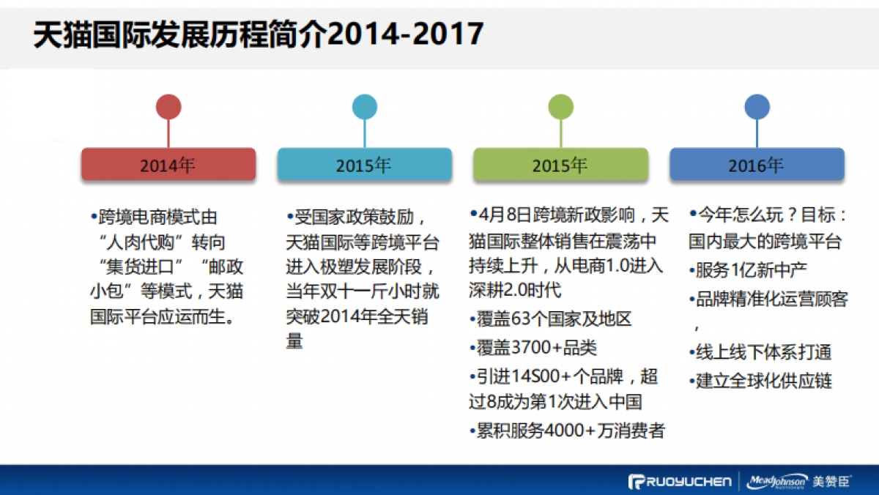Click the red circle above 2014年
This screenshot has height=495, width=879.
point(168,107)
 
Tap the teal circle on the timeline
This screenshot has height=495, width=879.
point(364,107)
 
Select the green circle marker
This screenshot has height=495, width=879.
point(560,107)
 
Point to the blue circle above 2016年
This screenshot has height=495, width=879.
point(757,107)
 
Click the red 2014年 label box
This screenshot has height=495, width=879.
point(168,165)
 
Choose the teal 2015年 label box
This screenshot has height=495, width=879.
point(364,165)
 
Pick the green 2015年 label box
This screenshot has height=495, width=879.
point(560,165)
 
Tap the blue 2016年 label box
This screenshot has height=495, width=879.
point(757,165)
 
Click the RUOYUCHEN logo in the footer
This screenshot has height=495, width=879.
point(680,481)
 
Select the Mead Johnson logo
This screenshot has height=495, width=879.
point(778,481)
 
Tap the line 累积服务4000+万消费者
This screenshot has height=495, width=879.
point(567,431)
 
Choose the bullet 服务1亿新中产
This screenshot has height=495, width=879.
point(749,270)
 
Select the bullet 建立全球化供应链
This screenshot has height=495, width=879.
point(761,381)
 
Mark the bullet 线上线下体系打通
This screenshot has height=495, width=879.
point(761,352)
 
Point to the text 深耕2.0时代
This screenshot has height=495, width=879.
point(515,290)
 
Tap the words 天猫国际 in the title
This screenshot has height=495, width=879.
point(95,34)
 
